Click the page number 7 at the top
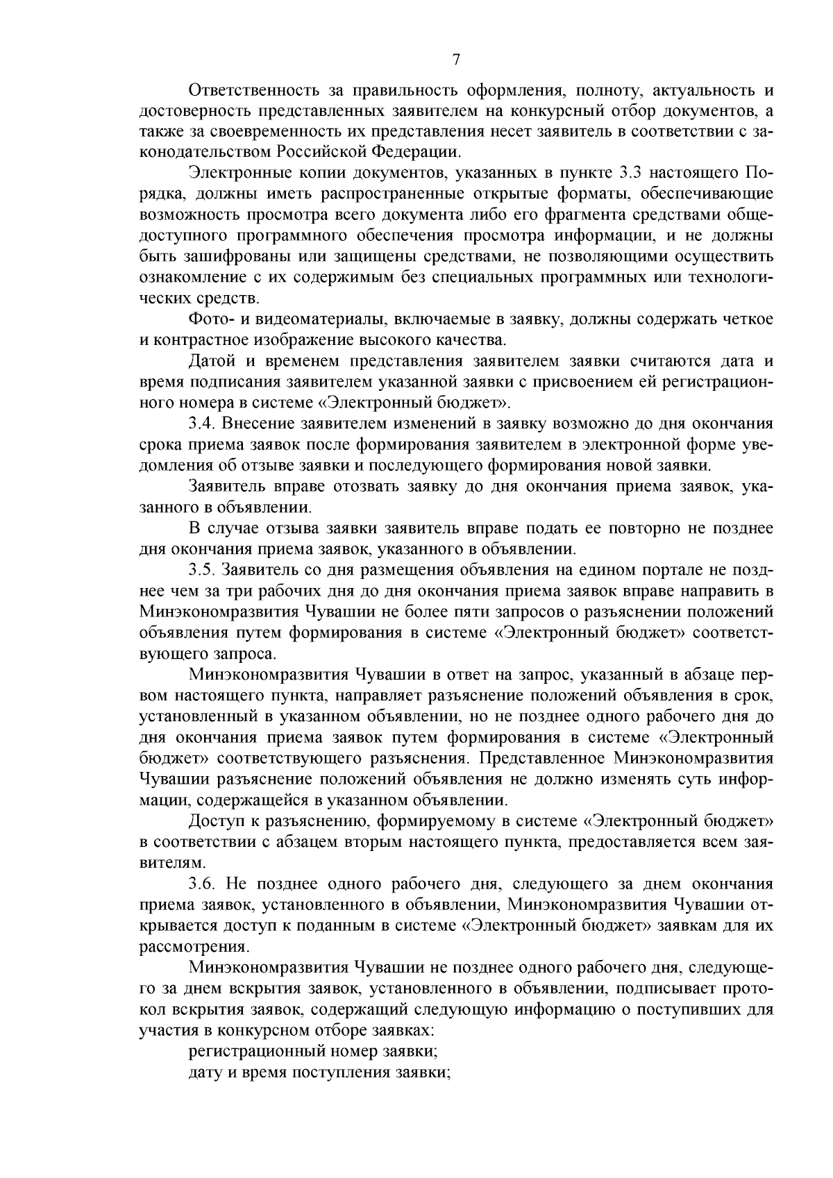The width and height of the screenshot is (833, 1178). coord(456,60)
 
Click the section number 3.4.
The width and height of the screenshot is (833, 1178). coord(202,423)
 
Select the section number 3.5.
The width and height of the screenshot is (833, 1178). coord(202,570)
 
